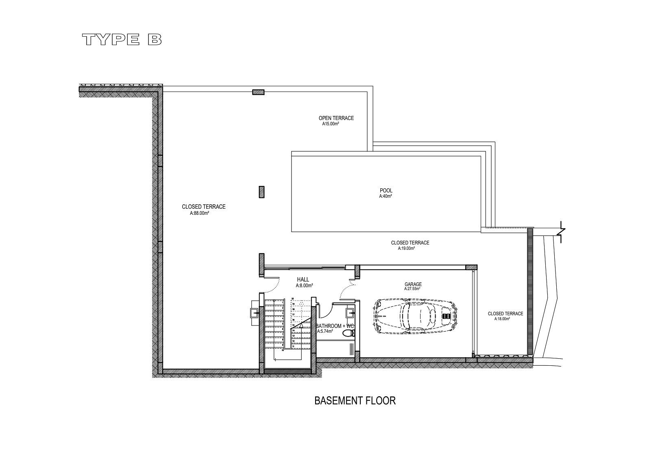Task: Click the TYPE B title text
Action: (122, 39)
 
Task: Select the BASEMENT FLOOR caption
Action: (355, 401)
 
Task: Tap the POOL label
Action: (386, 190)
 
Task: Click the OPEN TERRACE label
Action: (336, 118)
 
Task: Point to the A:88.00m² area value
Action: (199, 213)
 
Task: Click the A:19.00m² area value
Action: (406, 248)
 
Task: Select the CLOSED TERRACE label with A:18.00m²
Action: (505, 314)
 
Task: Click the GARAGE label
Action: (413, 284)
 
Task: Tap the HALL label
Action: (303, 279)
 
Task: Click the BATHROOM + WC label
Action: (335, 326)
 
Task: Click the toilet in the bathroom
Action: (348, 334)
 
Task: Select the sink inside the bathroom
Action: (350, 313)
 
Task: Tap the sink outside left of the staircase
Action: (254, 313)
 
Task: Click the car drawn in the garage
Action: (416, 316)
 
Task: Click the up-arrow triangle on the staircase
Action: (301, 325)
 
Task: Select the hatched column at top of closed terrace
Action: (258, 92)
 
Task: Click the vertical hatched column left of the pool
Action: (261, 192)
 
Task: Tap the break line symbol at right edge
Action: (562, 232)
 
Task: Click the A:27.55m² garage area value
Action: (412, 289)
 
